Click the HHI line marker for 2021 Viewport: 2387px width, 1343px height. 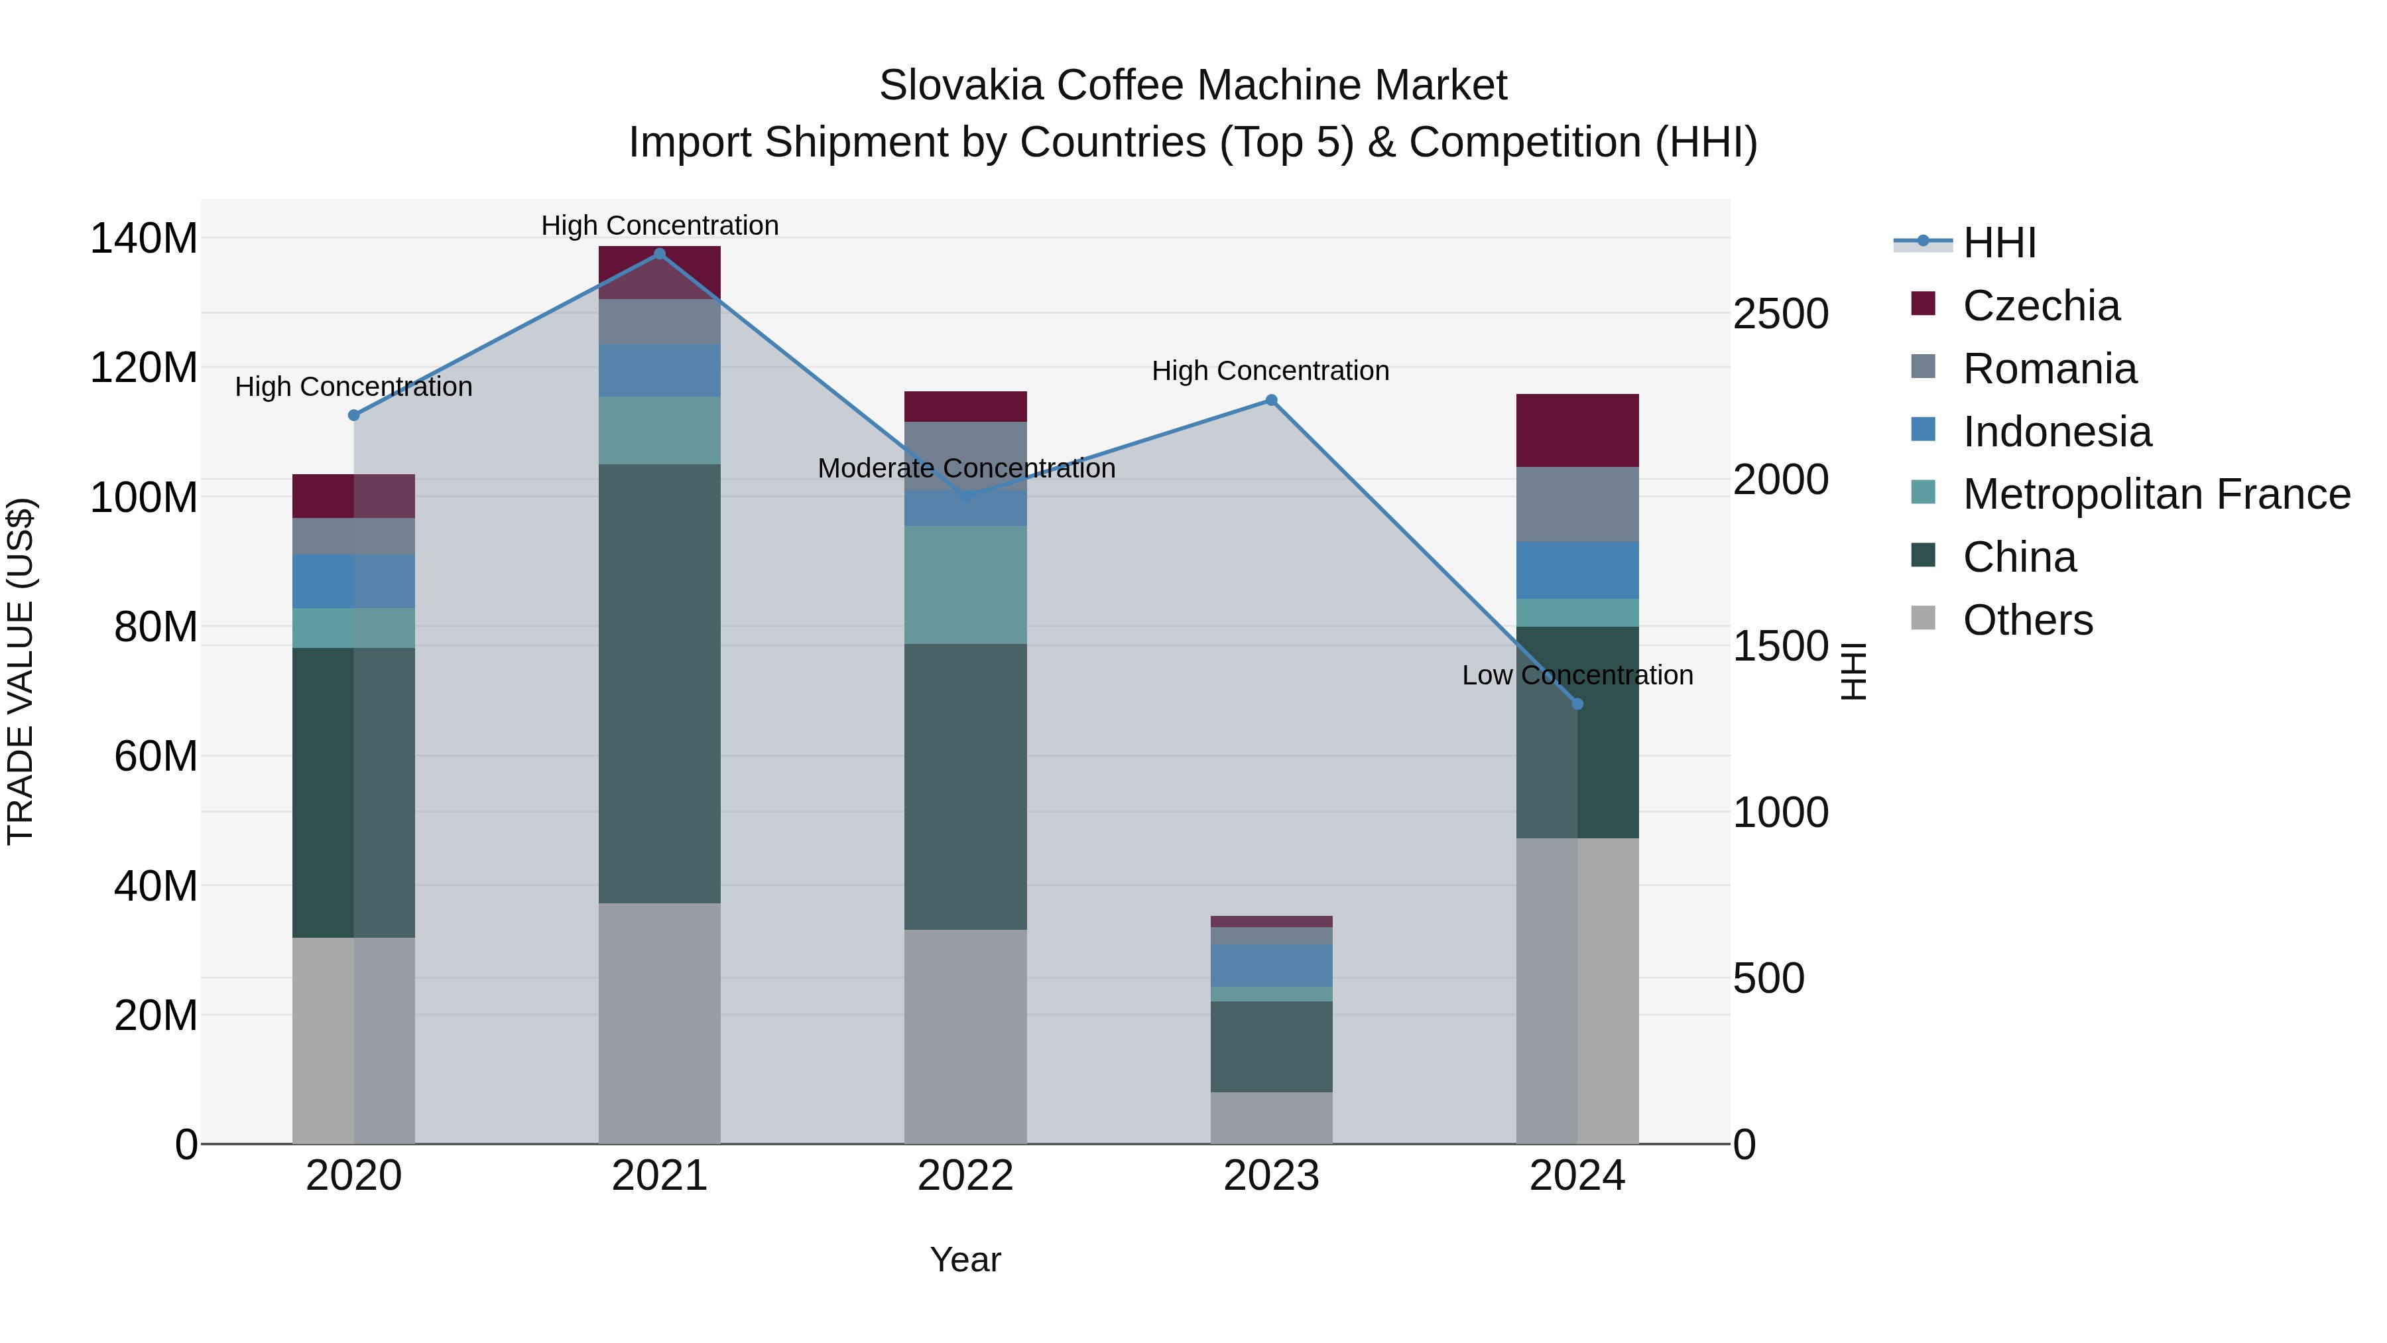(x=660, y=254)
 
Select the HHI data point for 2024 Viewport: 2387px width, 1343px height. (x=1577, y=704)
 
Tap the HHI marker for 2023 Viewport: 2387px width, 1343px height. (x=1271, y=401)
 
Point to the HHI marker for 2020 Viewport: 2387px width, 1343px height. (x=354, y=415)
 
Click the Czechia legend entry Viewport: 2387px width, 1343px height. (x=2040, y=306)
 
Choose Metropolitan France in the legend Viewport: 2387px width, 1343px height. (x=2156, y=494)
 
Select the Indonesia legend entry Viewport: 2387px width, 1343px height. (x=2056, y=432)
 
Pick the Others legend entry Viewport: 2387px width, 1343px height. (x=2028, y=620)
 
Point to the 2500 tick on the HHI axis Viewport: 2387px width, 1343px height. (x=1780, y=314)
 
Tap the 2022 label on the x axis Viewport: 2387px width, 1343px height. (x=965, y=1176)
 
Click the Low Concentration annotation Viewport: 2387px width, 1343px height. (x=1577, y=676)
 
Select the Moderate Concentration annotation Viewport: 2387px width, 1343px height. (x=965, y=469)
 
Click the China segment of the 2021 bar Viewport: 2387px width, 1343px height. (x=660, y=683)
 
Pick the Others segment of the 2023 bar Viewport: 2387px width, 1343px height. (x=1271, y=1118)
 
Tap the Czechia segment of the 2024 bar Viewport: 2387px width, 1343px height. (x=1577, y=430)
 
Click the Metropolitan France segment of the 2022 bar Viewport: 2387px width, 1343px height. (x=965, y=585)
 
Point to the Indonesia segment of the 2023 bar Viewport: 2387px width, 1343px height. (x=1271, y=966)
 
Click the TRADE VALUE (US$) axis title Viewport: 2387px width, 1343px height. (x=21, y=671)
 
